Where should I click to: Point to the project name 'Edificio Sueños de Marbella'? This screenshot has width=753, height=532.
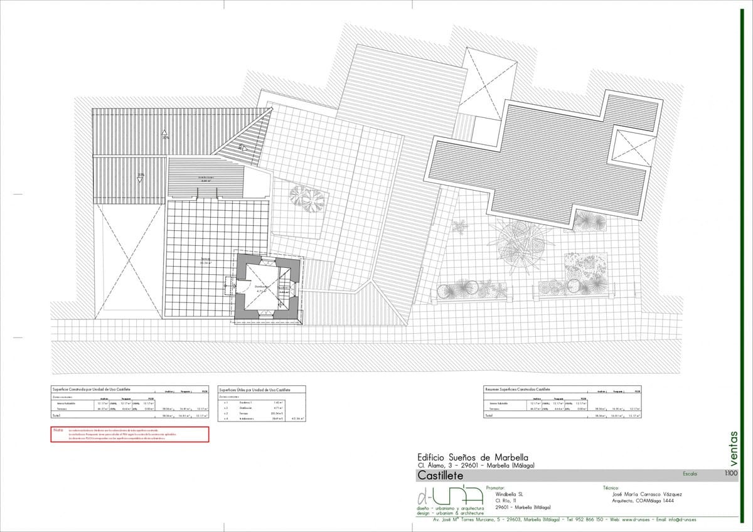(473, 457)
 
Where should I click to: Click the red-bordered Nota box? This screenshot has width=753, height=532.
(129, 434)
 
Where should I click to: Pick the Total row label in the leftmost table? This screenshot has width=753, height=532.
(56, 415)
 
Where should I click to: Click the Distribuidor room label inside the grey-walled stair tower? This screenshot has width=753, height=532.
(261, 287)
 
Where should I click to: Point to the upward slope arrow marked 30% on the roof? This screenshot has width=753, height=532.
(164, 134)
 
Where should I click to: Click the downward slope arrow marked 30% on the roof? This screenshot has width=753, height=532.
(141, 178)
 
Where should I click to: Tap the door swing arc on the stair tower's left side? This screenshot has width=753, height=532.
(228, 285)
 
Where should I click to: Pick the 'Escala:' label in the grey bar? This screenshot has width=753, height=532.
(690, 474)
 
